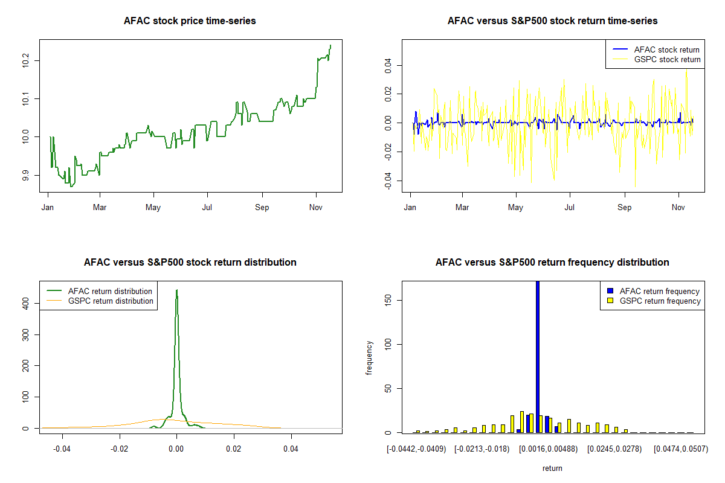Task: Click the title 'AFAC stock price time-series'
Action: [190, 21]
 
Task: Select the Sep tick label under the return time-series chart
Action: [625, 208]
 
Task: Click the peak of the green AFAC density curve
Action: [176, 290]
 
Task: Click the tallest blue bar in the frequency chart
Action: [538, 356]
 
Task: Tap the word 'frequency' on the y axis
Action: [369, 358]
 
